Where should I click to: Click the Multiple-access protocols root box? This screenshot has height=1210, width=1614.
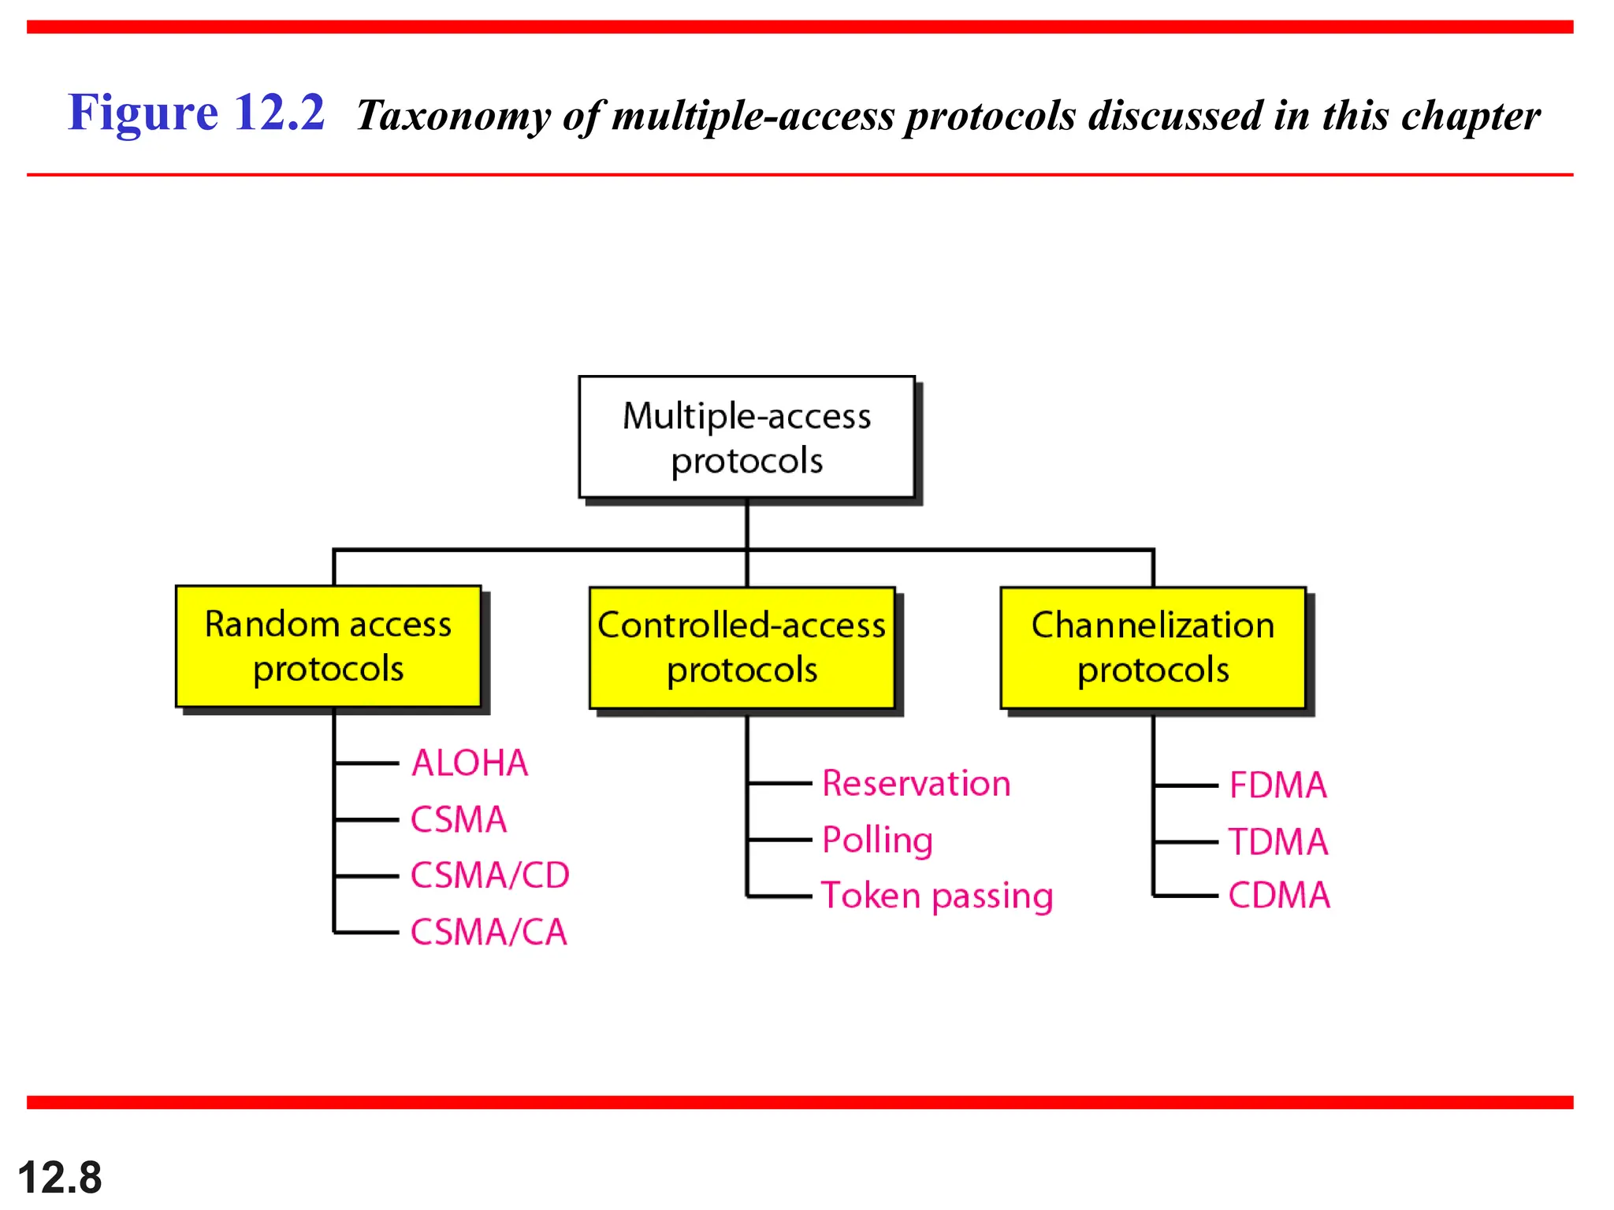[746, 437]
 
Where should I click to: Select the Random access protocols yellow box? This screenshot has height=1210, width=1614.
[328, 646]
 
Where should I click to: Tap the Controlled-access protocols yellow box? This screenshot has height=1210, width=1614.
[742, 648]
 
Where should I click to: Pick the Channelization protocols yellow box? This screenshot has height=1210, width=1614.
[1152, 648]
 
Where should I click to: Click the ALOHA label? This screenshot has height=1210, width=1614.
[470, 763]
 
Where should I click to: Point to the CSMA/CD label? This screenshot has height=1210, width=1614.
[489, 876]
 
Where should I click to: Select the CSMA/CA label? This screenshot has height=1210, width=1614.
[489, 933]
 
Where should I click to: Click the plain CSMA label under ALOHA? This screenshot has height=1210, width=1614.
[459, 820]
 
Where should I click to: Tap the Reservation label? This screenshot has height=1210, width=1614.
[916, 784]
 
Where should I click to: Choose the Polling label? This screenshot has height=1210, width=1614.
[877, 841]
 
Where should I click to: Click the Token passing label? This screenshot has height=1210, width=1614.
[937, 896]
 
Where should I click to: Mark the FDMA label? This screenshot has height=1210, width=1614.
[1277, 785]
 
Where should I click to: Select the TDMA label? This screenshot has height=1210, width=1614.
[1277, 842]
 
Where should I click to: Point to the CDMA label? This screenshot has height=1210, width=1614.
[1278, 896]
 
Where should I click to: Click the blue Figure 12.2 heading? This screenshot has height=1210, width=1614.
[196, 113]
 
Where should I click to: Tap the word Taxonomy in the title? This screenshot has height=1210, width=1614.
[453, 117]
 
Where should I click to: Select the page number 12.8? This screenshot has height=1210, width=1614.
[60, 1178]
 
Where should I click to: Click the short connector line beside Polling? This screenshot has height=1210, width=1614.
[779, 840]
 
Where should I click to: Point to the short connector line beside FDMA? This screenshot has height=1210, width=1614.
[1186, 785]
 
